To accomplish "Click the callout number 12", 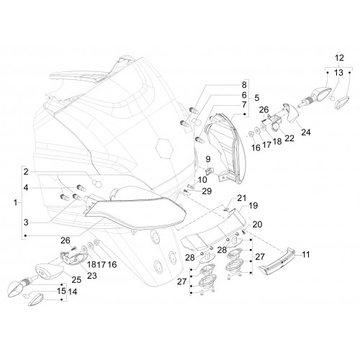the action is [339, 58].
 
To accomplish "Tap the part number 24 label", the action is [306, 132].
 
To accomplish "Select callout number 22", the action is [289, 138].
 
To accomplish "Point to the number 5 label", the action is [257, 98].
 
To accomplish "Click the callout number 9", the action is [208, 159].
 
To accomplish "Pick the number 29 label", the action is [207, 192].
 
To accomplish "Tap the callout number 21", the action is [242, 198].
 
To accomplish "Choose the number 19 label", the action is [253, 206].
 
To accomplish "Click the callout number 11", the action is [306, 254].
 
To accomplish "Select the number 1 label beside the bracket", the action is [16, 203].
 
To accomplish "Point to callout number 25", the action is [76, 279].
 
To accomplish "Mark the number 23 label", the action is [92, 276].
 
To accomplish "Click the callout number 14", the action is [73, 292].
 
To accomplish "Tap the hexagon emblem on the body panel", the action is [164, 148].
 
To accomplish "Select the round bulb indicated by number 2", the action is [97, 184].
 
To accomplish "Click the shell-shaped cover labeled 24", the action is [291, 114].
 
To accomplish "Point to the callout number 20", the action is [257, 225].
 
